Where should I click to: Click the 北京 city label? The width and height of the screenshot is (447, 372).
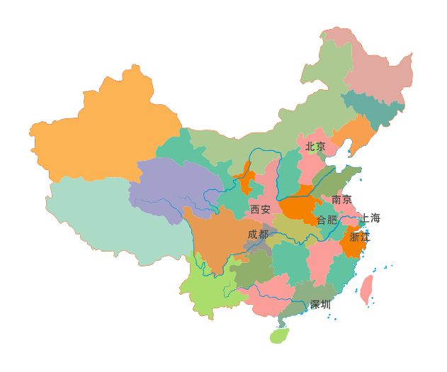(315, 147)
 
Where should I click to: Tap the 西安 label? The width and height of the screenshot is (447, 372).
(260, 209)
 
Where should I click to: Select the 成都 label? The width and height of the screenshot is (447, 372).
(258, 234)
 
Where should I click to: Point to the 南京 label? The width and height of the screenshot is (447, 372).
(341, 200)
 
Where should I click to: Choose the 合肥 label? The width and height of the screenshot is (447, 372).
(327, 220)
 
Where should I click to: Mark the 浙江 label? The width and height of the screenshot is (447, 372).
(359, 237)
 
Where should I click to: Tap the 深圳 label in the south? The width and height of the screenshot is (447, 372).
(320, 305)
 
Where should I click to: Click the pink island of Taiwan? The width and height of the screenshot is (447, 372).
(367, 289)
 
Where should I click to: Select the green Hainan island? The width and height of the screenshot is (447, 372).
(279, 335)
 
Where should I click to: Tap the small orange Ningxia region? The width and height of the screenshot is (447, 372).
(247, 179)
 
